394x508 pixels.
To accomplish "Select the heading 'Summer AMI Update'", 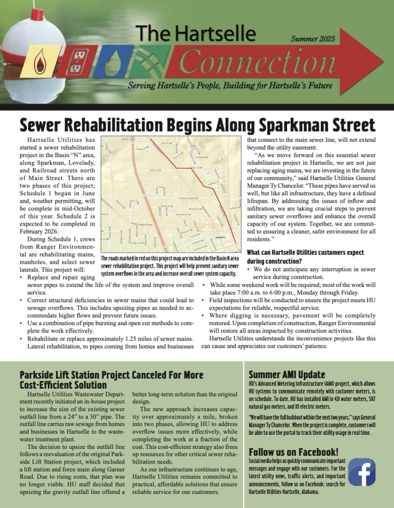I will point(286,375).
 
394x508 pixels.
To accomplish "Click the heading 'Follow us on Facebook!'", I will point(293,451).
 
